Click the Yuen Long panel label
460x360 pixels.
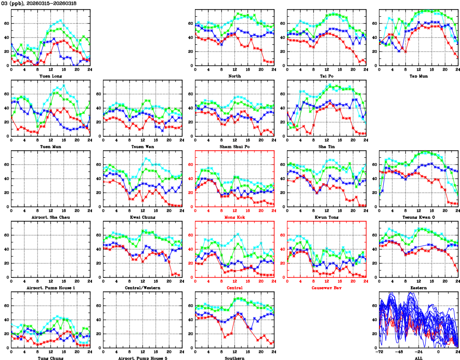pyautogui.click(x=51, y=76)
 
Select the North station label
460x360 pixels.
pyautogui.click(x=235, y=76)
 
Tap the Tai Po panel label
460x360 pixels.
pyautogui.click(x=327, y=76)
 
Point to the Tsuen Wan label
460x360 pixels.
pyautogui.click(x=143, y=146)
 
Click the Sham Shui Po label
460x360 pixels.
pyautogui.click(x=235, y=146)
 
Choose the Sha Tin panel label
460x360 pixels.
pyautogui.click(x=327, y=146)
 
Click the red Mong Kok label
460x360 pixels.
pyautogui.click(x=235, y=217)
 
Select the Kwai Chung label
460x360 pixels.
pyautogui.click(x=143, y=217)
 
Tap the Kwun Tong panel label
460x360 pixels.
pyautogui.click(x=327, y=217)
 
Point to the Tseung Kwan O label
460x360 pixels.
pyautogui.click(x=419, y=217)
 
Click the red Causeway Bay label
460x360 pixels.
pyautogui.click(x=327, y=288)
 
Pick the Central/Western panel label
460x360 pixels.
pyautogui.click(x=143, y=288)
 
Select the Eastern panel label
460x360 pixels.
pyautogui.click(x=419, y=288)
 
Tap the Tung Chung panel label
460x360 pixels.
pyautogui.click(x=51, y=358)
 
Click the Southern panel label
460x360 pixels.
pyautogui.click(x=235, y=358)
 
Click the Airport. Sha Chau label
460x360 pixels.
pyautogui.click(x=51, y=217)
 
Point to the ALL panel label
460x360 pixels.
pyautogui.click(x=419, y=358)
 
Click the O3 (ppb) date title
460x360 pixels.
pyautogui.click(x=39, y=3)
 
